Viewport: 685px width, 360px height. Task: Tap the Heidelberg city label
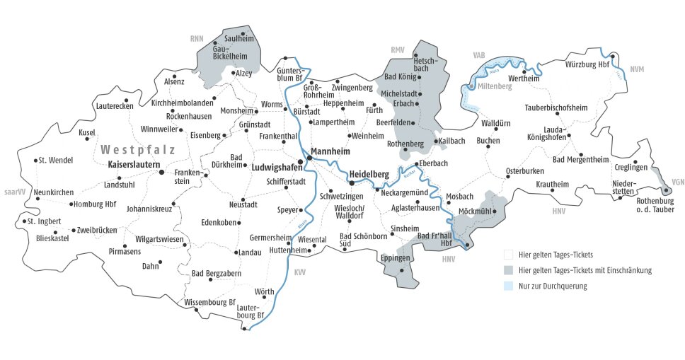click(369, 173)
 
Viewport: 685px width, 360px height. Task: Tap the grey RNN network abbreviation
click(197, 37)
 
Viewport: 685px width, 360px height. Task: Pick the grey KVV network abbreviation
click(299, 272)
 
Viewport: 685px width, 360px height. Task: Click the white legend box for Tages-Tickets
click(507, 255)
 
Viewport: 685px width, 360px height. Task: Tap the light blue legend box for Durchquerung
click(507, 286)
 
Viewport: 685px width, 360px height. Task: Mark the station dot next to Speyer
click(301, 210)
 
